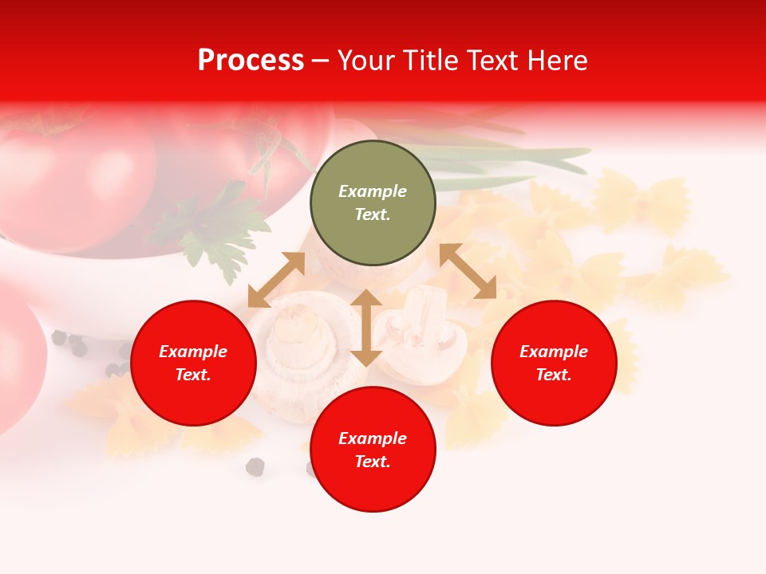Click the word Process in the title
click(x=251, y=61)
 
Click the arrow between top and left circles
click(x=276, y=280)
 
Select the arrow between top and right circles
click(x=468, y=271)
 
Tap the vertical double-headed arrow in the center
click(x=366, y=328)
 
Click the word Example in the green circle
click(x=373, y=191)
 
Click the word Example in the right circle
click(x=554, y=352)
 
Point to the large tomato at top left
click(x=72, y=179)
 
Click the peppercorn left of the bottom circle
click(x=255, y=466)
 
